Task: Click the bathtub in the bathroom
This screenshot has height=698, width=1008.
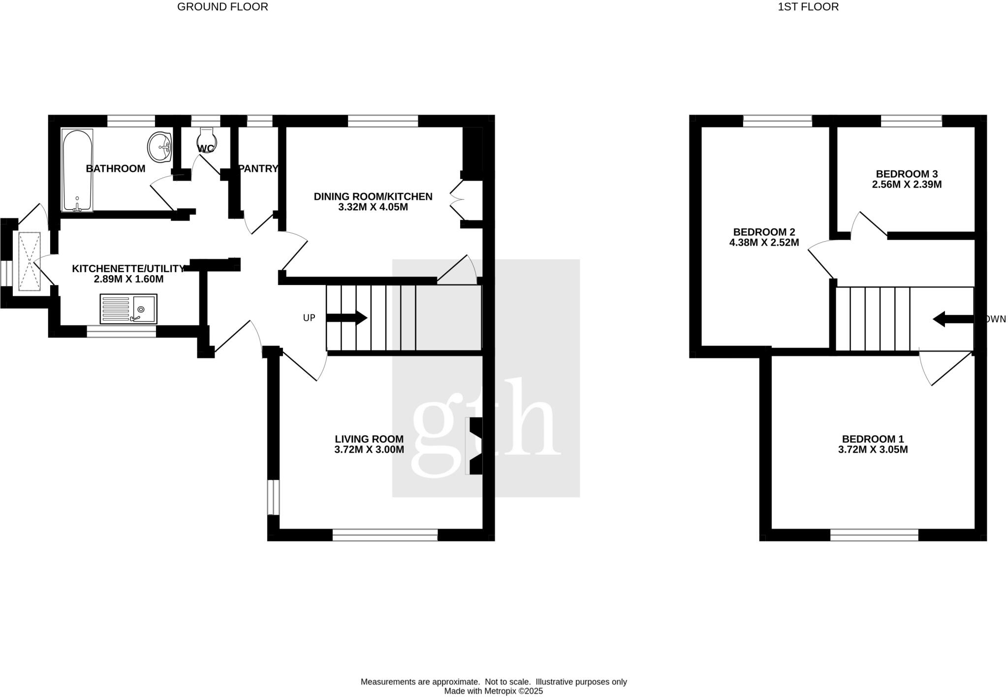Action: coord(77,170)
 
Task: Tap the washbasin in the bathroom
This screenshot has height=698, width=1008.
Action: coord(159,146)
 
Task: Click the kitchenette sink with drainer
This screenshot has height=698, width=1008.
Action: coord(128,309)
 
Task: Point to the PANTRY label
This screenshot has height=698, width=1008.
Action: coord(259,169)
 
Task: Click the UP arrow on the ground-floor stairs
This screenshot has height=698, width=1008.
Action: coord(347,317)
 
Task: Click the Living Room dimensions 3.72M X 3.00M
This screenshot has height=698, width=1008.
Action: coord(369,449)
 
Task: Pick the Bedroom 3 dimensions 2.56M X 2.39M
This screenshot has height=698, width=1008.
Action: coord(907,185)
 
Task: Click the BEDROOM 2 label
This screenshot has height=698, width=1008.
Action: coord(764,232)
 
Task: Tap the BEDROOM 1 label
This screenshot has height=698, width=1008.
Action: coord(873,439)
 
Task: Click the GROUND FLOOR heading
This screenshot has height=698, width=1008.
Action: coord(222,7)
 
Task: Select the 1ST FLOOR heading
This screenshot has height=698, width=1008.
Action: coord(808,7)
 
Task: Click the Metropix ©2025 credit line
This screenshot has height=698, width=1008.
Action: coord(493,691)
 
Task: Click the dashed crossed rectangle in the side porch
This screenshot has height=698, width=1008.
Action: coord(30,261)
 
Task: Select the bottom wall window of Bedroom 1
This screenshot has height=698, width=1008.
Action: coord(874,535)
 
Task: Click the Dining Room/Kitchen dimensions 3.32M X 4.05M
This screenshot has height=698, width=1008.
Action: coord(373,207)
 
